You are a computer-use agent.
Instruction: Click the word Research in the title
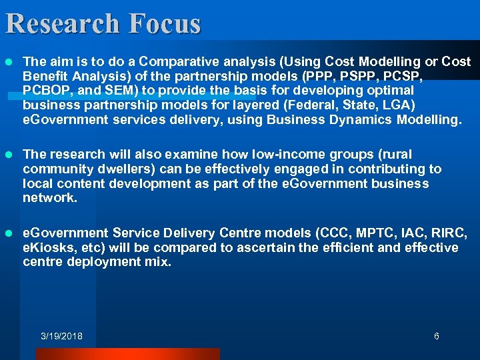(x=62, y=23)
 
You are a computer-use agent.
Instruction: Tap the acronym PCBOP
(x=45, y=90)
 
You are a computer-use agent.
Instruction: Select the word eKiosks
(x=47, y=248)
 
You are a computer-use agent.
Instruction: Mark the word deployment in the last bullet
(x=106, y=262)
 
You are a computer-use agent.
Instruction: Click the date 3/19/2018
(x=61, y=336)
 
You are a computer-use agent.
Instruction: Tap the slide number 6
(x=437, y=336)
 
